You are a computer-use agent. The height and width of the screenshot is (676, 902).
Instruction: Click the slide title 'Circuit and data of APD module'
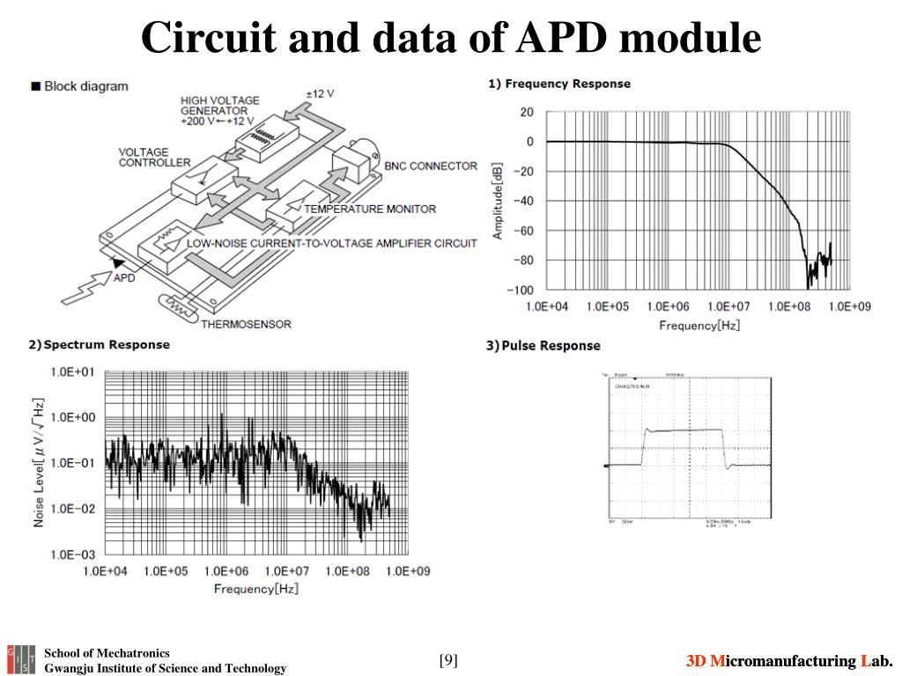click(x=451, y=37)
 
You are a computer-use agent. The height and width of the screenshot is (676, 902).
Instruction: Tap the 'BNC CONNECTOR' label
click(x=431, y=165)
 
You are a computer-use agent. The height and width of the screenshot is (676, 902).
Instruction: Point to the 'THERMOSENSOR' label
click(x=246, y=324)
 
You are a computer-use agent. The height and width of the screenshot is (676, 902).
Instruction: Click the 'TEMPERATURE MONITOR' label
click(x=370, y=209)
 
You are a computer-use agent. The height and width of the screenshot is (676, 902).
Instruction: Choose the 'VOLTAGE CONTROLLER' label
click(x=154, y=157)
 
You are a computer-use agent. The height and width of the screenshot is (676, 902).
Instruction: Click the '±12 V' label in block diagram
click(x=320, y=93)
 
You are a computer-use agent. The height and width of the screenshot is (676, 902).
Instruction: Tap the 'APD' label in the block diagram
click(x=124, y=278)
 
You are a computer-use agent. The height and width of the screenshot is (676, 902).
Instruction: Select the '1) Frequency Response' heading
click(x=559, y=84)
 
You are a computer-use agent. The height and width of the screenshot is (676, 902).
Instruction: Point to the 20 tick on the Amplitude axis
click(x=527, y=112)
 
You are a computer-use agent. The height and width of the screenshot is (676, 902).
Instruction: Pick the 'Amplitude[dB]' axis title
click(x=498, y=201)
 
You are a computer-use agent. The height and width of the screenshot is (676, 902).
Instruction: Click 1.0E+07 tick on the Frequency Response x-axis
click(x=728, y=306)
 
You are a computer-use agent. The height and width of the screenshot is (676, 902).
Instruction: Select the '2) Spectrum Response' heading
click(x=99, y=344)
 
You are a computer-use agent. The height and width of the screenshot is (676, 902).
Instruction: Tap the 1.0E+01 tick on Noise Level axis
click(x=78, y=372)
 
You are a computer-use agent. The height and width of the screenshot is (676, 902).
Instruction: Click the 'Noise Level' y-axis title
click(x=39, y=462)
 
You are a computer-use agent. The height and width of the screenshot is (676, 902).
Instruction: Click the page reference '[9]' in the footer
click(x=448, y=660)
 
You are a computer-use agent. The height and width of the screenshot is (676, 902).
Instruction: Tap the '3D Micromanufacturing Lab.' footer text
click(x=790, y=661)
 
